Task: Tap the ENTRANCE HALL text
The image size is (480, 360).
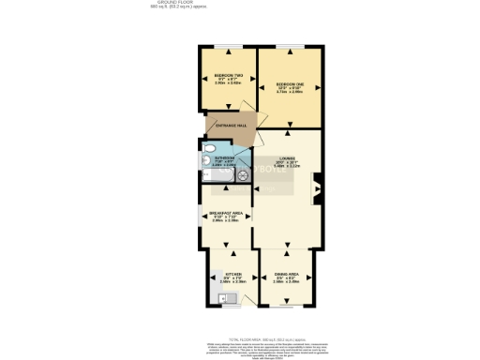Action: point(231,126)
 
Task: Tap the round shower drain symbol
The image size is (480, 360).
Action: point(241,173)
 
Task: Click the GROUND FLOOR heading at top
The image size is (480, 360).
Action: point(168,4)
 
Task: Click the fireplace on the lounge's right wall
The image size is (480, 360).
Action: point(317,188)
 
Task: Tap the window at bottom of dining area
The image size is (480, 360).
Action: point(288,307)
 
